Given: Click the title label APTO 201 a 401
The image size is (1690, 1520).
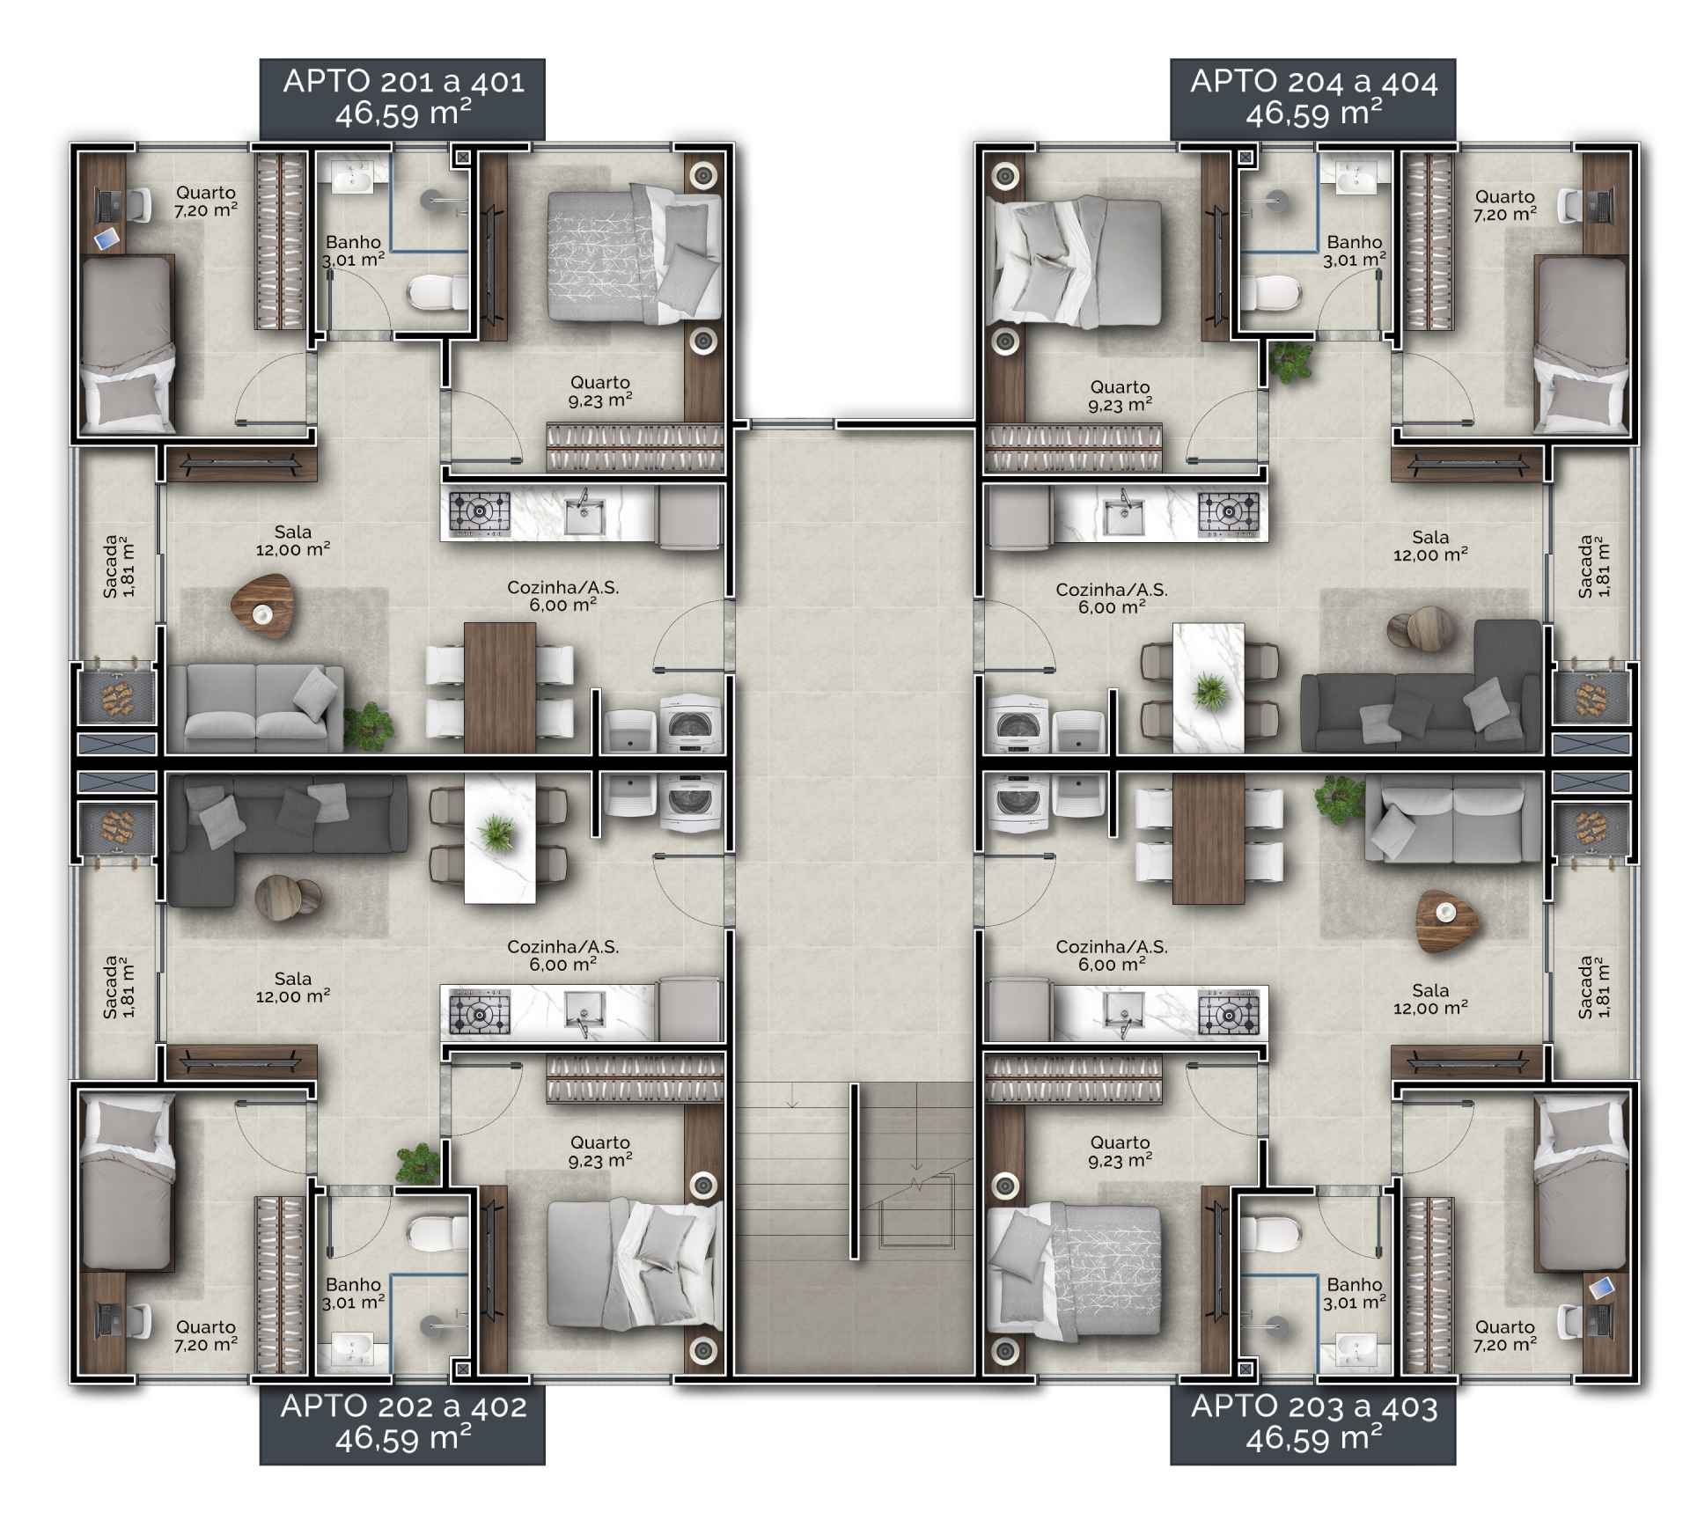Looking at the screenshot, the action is click(x=404, y=81).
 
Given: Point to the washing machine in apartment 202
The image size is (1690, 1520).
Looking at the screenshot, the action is click(x=690, y=802).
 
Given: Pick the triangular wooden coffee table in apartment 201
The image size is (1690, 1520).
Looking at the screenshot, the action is click(x=261, y=605).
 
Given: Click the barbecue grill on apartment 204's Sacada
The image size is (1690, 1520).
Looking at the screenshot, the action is click(x=1591, y=699).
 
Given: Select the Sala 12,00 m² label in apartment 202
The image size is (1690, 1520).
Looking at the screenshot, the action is click(x=293, y=988).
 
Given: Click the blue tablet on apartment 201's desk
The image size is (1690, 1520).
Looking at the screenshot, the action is click(x=107, y=238).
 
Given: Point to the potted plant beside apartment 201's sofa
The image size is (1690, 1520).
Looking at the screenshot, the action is click(x=368, y=727).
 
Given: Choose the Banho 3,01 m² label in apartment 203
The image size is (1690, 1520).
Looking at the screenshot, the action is click(x=1355, y=1293).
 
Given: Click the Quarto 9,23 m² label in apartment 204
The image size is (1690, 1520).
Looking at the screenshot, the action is click(x=1120, y=396).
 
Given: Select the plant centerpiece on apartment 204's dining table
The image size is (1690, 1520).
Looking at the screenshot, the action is click(x=1209, y=690).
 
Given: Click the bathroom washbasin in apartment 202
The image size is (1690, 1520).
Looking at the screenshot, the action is click(x=351, y=1349).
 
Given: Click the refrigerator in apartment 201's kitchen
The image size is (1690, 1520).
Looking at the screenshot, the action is click(x=689, y=518).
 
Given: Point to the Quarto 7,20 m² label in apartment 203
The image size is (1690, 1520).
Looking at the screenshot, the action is click(x=1505, y=1335).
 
